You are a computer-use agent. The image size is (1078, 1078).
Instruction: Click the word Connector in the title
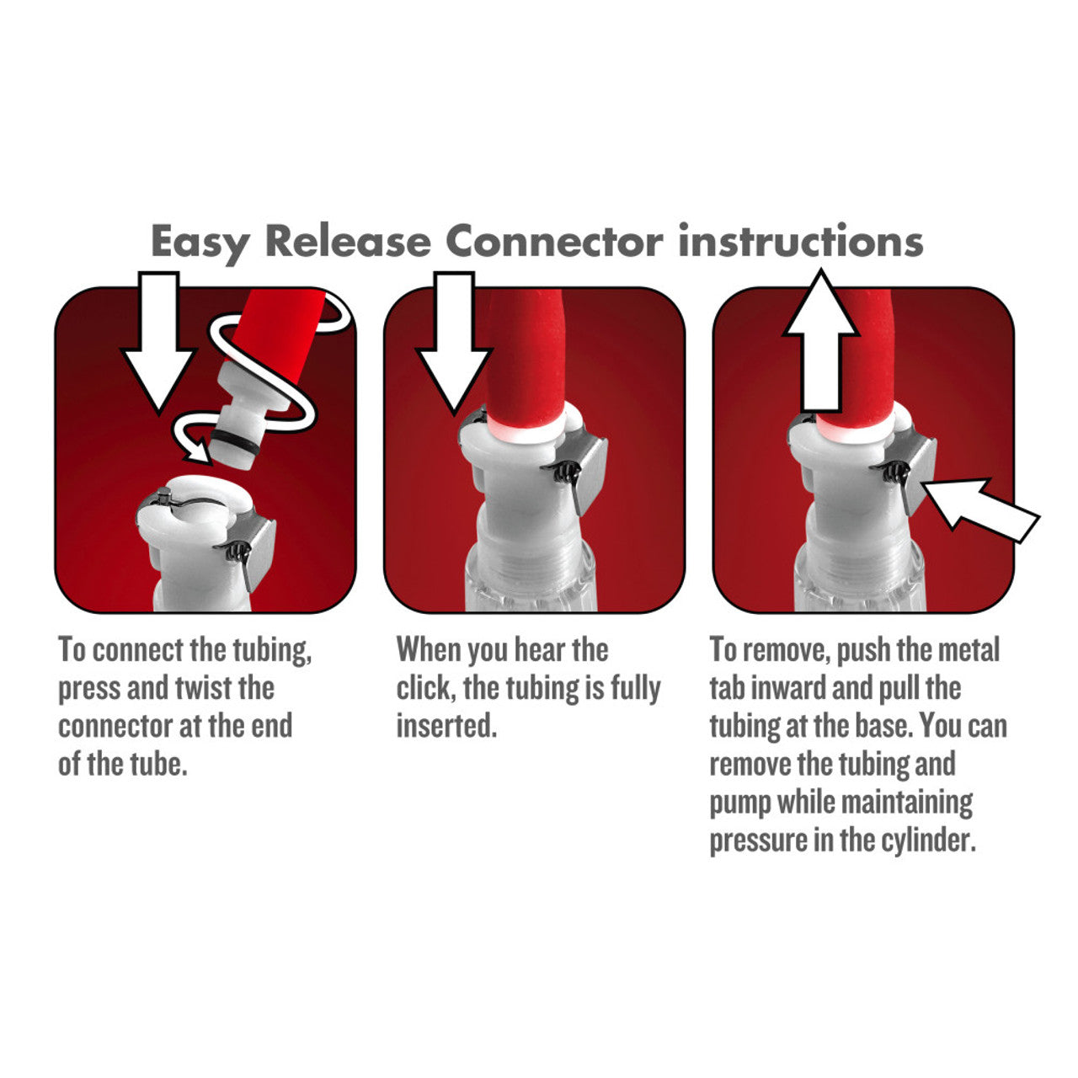coord(554,242)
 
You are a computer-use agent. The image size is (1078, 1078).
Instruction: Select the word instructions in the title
coord(801,242)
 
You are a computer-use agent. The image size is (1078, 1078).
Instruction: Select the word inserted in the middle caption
coord(446,726)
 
